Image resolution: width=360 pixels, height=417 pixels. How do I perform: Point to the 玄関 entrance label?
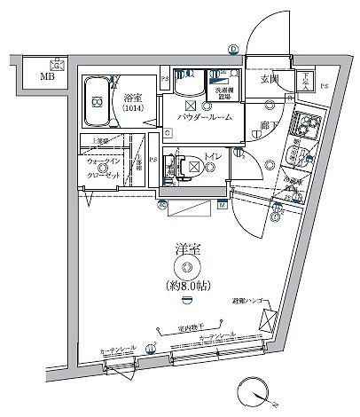click(270, 79)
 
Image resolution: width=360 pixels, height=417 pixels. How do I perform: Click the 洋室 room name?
click(185, 249)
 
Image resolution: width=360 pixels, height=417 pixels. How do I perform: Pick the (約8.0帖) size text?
click(185, 287)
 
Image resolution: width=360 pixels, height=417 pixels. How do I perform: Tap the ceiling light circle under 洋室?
click(185, 268)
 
